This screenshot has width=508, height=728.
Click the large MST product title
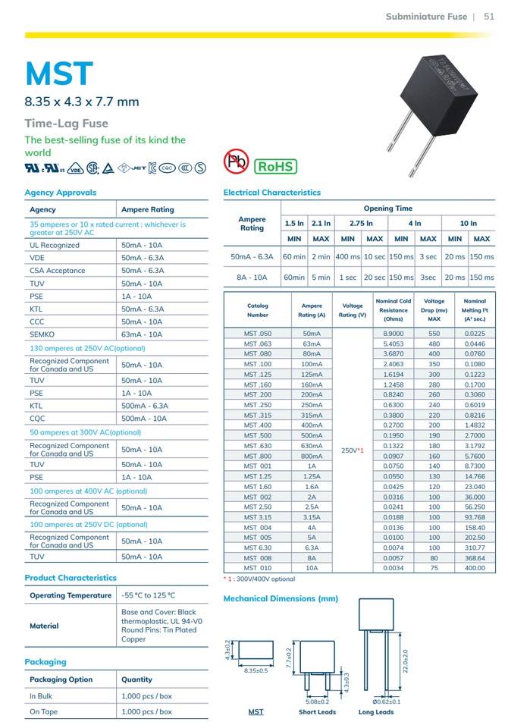[x=59, y=74]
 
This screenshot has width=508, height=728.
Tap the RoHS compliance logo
[x=274, y=165]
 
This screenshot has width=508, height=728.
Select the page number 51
[x=489, y=17]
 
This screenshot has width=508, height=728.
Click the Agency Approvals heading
[x=61, y=193]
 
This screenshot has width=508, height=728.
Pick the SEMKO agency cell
[x=42, y=334]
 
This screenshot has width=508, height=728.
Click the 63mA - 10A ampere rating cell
[x=142, y=334]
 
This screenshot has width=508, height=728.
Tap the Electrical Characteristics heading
[x=272, y=193]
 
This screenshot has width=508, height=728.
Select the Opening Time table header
[x=388, y=208]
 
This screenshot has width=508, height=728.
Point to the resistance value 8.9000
[x=394, y=334]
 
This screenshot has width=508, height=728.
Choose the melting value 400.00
[x=475, y=567]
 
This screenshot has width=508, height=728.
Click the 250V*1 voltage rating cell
[x=353, y=450]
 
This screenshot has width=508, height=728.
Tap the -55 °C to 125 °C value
[x=149, y=595]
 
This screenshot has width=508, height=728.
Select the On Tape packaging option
[x=45, y=711]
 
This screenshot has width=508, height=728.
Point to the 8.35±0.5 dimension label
[x=256, y=670]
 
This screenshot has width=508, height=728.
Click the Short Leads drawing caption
[x=317, y=712]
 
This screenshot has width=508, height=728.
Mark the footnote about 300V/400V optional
[x=259, y=579]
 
